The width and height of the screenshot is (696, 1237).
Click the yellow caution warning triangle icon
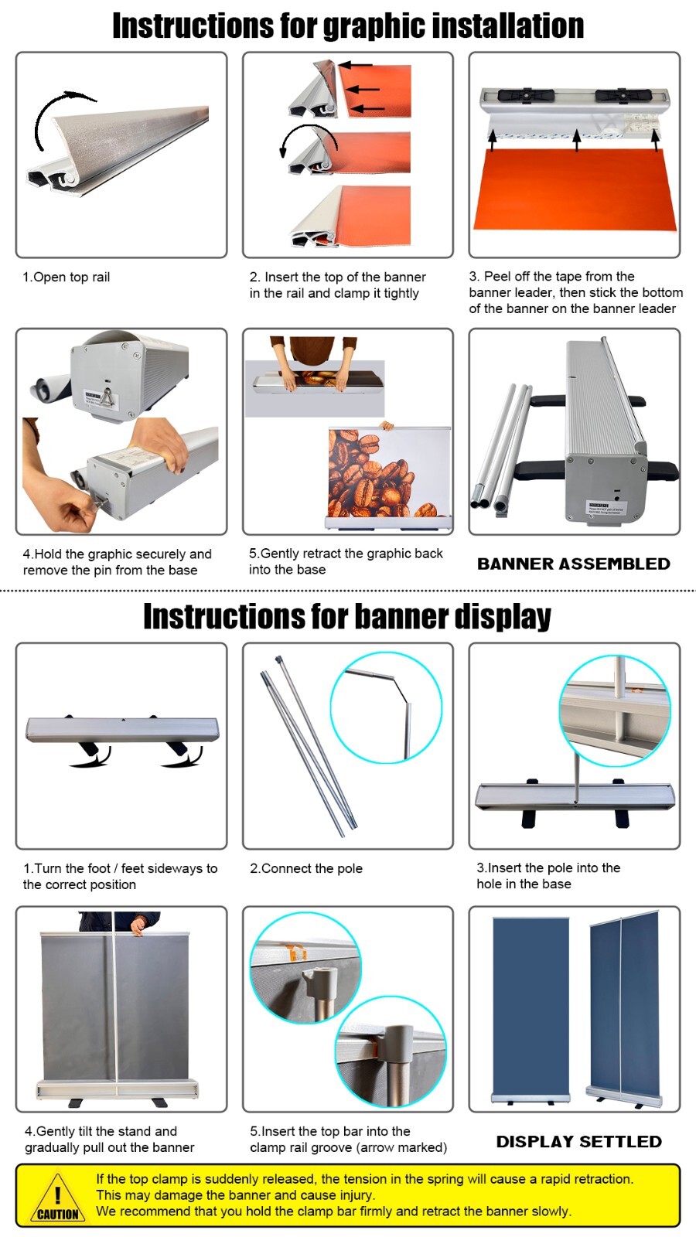57,1198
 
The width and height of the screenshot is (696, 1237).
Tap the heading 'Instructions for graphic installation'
348,26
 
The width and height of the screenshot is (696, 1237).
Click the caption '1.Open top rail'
67,277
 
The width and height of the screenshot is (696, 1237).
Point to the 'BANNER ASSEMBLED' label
573,564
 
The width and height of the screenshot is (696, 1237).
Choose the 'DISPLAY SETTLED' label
578,1141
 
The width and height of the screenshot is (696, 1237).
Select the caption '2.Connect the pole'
306,868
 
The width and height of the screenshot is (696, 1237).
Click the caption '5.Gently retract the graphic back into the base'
345,561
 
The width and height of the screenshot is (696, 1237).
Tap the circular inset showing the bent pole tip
386,707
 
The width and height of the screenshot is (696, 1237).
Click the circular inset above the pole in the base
615,711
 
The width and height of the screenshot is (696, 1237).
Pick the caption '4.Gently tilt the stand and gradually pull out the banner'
109,1139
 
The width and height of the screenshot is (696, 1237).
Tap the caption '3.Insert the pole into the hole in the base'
548,876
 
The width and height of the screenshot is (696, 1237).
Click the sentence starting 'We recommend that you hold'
333,1211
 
